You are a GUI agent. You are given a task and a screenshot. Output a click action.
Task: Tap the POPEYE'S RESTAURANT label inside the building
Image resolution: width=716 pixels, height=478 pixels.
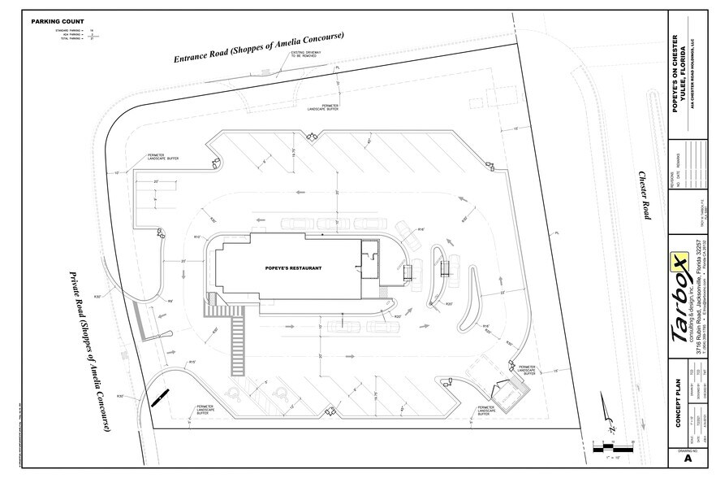point(294,267)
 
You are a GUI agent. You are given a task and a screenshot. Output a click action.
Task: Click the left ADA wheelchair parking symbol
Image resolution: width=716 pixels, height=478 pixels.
point(231,393)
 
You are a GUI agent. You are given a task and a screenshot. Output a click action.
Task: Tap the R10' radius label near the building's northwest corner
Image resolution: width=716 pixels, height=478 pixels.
point(196,237)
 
